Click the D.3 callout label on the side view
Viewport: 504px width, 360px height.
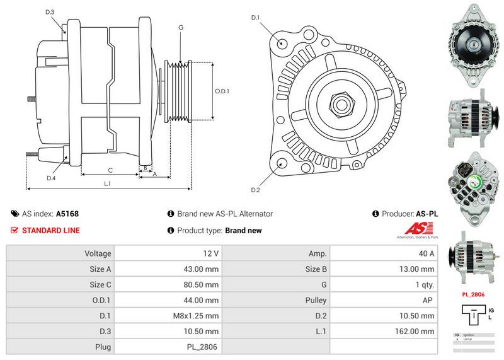[x=50, y=13]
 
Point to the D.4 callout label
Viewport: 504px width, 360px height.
[x=52, y=178]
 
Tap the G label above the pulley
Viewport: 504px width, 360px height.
[x=181, y=27]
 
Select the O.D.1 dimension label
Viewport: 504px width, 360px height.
[x=222, y=91]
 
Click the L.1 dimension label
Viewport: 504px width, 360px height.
[x=108, y=183]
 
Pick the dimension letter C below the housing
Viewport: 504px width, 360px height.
[x=110, y=170]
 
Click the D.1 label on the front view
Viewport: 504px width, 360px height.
[x=256, y=18]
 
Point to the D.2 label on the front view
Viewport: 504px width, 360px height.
[x=256, y=190]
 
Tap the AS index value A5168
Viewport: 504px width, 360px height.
[x=67, y=214]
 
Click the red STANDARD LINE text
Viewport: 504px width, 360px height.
[x=51, y=230]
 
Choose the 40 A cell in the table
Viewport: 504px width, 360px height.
[x=427, y=253]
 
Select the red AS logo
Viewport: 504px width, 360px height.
[x=417, y=229]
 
